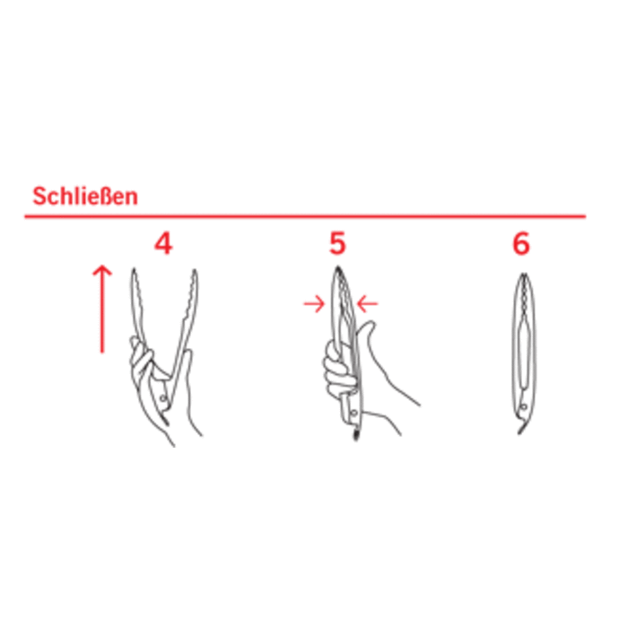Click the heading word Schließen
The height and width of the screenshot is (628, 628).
point(85,196)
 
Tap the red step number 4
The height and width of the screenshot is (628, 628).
point(163,244)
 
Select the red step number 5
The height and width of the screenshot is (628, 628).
point(337,243)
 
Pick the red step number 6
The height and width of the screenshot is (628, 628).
point(521,243)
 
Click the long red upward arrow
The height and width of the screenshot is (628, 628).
point(102,309)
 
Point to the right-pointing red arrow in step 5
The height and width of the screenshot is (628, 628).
point(314,304)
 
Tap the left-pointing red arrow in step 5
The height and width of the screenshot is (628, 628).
point(367,304)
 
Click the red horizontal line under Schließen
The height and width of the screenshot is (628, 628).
point(305,217)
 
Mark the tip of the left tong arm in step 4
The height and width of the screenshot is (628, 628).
point(134,269)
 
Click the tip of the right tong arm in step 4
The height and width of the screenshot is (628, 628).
point(195,271)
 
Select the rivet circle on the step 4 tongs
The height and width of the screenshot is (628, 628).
point(163,398)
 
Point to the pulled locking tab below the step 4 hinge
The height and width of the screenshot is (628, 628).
point(165,420)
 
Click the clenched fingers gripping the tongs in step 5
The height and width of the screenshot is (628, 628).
point(338,370)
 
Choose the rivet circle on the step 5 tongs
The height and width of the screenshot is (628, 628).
point(354,413)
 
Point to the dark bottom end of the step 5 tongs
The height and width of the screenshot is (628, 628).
point(355,435)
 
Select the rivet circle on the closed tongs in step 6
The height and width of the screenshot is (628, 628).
point(523,407)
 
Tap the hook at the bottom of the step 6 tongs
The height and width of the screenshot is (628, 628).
point(521,429)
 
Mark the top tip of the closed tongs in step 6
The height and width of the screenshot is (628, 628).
point(524,275)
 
